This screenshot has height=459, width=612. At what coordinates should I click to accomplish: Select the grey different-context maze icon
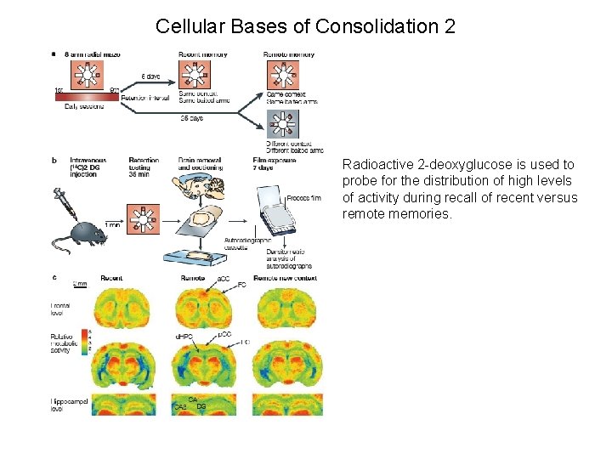pos(284,128)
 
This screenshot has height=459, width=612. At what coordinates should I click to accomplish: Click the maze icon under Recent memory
pos(195,76)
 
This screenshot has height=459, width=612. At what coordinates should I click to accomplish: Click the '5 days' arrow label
pos(150,76)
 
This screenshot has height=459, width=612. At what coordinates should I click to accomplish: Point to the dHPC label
pos(184,337)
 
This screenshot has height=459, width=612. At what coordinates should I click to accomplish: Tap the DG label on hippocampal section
pos(201,407)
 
